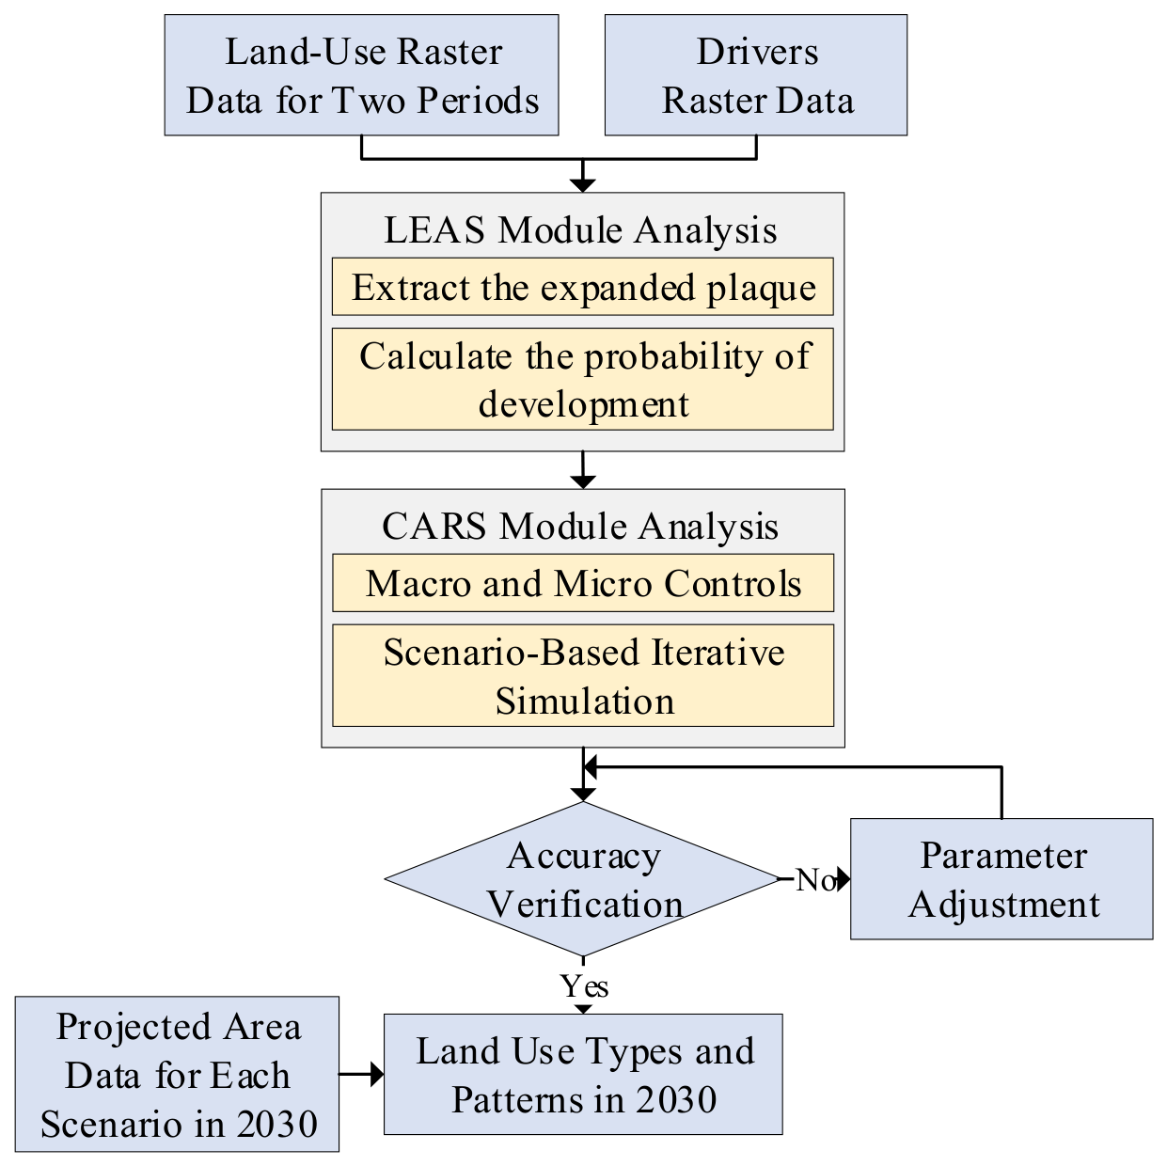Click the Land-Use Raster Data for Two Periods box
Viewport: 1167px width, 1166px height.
click(x=361, y=75)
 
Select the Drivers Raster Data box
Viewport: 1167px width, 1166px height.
click(x=756, y=75)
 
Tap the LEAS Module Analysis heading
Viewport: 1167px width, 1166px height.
click(x=580, y=230)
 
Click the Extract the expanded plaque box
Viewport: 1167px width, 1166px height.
click(x=583, y=287)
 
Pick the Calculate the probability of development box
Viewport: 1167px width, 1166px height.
click(x=583, y=379)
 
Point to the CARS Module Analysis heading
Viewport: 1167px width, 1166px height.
click(x=580, y=527)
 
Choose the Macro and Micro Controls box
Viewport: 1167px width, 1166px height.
click(x=583, y=583)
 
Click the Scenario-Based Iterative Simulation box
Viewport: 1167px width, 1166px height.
click(x=583, y=675)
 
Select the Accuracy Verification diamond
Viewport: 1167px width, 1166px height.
click(x=583, y=879)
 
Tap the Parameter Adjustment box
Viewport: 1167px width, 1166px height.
click(x=1001, y=879)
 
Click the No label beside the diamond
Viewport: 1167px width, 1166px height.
click(x=815, y=879)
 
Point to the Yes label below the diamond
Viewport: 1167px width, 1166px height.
click(x=584, y=986)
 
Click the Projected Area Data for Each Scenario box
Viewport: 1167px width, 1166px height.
click(x=177, y=1074)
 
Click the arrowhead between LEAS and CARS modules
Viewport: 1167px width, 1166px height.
click(x=583, y=481)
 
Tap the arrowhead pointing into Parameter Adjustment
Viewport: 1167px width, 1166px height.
click(x=844, y=879)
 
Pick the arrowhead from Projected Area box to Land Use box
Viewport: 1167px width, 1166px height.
click(x=377, y=1075)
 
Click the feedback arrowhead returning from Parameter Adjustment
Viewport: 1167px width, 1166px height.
click(x=590, y=767)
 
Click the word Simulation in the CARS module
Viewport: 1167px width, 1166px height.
click(x=584, y=701)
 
